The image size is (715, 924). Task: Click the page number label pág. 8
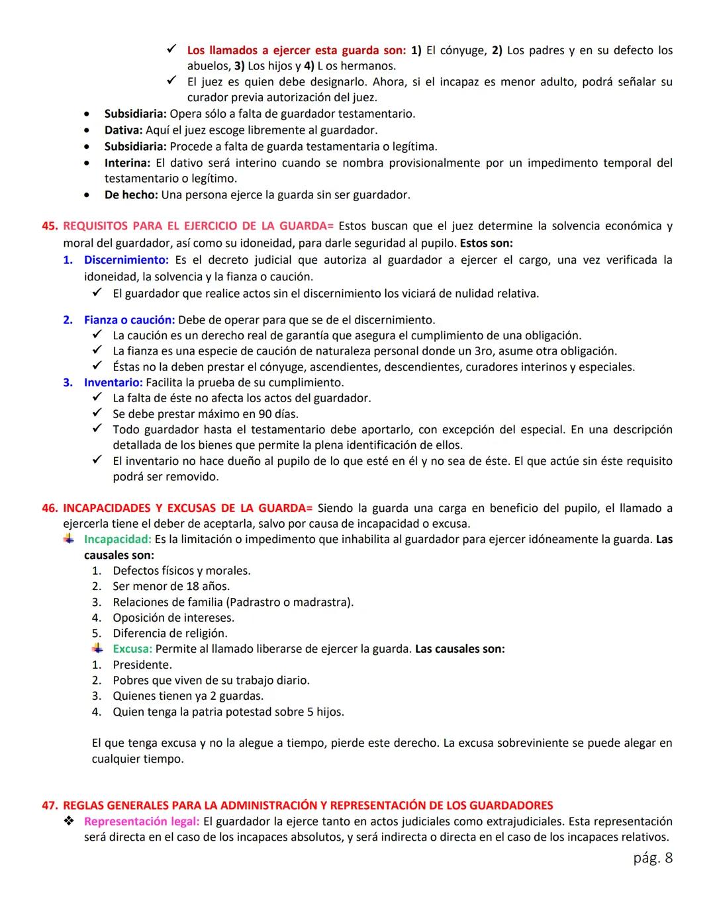pos(652,858)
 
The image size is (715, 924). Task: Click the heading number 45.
pos(50,226)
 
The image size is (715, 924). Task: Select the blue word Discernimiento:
pos(126,261)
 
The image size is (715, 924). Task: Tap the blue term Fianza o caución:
pos(129,320)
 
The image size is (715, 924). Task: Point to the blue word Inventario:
pos(113,382)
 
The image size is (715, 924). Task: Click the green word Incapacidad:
pos(117,540)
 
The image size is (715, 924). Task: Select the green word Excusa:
pos(132,649)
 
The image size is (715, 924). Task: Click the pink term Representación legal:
pos(141,821)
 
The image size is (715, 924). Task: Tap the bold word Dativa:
pos(123,130)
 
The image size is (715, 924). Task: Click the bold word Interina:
pos(127,163)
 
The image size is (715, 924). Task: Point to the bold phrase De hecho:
pos(130,195)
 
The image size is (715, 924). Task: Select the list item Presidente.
pos(142,665)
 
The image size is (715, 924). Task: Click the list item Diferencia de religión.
pos(169,633)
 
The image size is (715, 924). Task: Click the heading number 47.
pos(50,806)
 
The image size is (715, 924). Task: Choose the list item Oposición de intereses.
pos(173,618)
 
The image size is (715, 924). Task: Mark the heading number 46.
pos(50,509)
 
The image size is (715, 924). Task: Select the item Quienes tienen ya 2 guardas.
pos(187,696)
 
